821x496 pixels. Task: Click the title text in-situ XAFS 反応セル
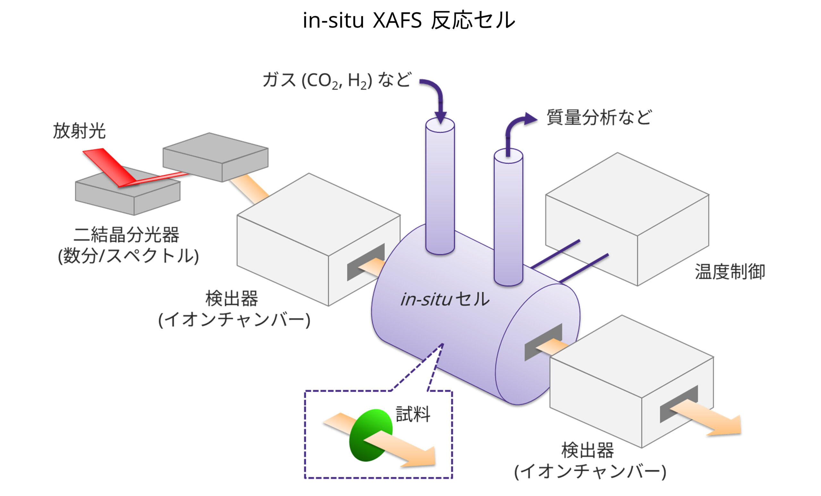[409, 20]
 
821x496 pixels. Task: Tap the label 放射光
[79, 131]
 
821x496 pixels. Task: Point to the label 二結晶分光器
[127, 235]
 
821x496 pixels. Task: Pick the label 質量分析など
[599, 117]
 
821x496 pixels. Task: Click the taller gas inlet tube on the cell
[440, 187]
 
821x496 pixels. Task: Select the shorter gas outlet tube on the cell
[508, 217]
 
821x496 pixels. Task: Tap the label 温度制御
[730, 271]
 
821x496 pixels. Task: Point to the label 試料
[413, 414]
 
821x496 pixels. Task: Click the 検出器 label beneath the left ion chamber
[232, 298]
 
